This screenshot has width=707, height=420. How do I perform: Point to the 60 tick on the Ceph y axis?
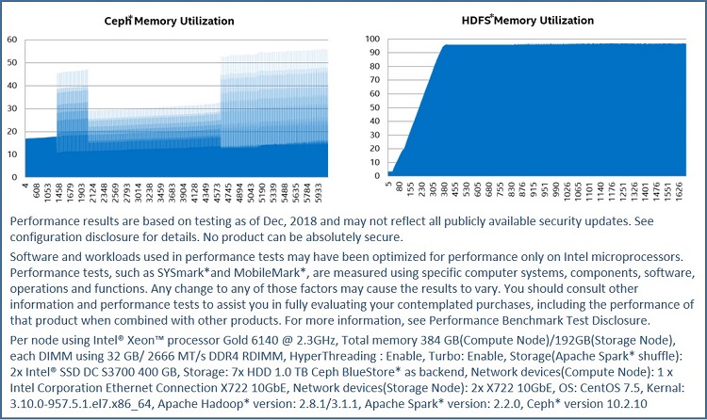click(11, 40)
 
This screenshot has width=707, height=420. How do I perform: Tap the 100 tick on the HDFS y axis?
click(372, 40)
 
